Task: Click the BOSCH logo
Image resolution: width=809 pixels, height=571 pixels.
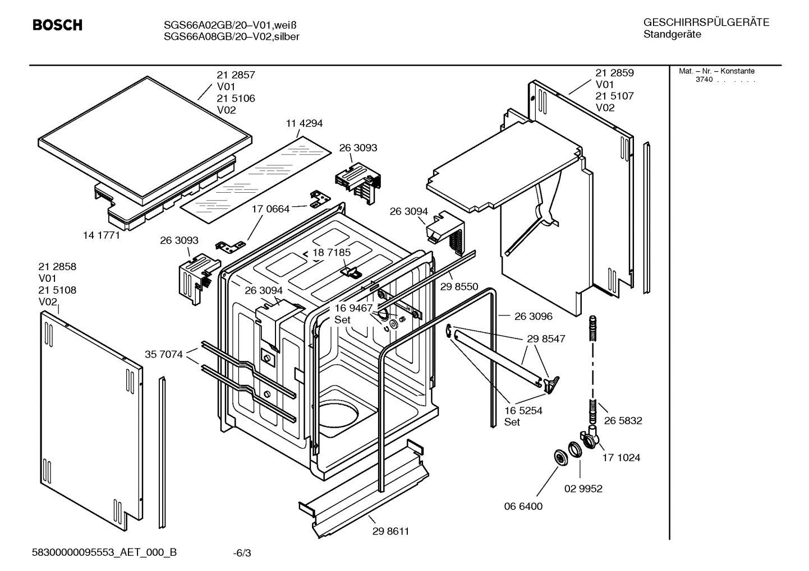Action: (57, 25)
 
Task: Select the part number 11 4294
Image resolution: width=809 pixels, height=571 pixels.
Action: (304, 123)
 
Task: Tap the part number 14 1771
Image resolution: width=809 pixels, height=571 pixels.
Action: (102, 235)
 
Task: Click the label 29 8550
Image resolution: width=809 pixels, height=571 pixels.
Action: (459, 286)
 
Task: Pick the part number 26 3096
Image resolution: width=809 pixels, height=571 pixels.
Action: (533, 316)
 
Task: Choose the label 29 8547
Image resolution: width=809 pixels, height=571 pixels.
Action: (546, 338)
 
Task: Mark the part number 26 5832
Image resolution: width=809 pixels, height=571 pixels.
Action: (623, 420)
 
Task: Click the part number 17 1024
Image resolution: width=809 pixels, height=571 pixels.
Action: (621, 457)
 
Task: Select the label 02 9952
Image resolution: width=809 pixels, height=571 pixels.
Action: (583, 489)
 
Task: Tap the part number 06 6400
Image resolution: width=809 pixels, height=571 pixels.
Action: (523, 506)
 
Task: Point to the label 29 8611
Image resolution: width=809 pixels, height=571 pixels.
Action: (390, 531)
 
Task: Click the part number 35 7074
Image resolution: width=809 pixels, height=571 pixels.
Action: (164, 354)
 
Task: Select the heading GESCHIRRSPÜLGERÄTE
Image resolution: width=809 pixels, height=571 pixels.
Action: (706, 22)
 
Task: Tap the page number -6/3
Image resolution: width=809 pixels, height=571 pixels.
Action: (242, 553)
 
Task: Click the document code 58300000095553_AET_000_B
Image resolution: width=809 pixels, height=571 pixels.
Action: (104, 553)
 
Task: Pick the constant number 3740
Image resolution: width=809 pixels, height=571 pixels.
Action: (704, 80)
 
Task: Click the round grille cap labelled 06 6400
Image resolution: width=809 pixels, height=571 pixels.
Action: (560, 457)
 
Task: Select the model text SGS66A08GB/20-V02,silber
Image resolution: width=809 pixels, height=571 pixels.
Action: (231, 36)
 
